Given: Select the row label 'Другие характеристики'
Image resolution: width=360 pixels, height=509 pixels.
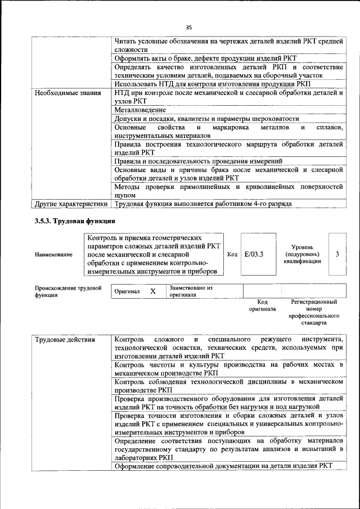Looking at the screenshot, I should click(71, 203).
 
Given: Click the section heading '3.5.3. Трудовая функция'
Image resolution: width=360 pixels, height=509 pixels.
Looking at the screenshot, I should click(75, 221).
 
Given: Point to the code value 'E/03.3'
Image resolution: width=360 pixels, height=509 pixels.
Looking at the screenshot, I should click(254, 254).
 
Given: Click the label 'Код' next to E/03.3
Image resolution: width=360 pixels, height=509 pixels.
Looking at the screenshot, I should click(231, 254).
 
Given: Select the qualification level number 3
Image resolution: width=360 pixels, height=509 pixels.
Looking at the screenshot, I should click(337, 254).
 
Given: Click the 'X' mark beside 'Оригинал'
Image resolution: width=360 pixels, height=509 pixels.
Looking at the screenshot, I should click(152, 291).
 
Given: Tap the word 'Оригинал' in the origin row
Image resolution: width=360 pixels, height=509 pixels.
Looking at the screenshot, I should click(127, 292).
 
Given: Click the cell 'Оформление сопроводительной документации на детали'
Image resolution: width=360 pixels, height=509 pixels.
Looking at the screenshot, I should click(223, 466).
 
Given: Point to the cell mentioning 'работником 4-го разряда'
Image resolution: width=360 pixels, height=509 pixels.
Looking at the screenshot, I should click(202, 203).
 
